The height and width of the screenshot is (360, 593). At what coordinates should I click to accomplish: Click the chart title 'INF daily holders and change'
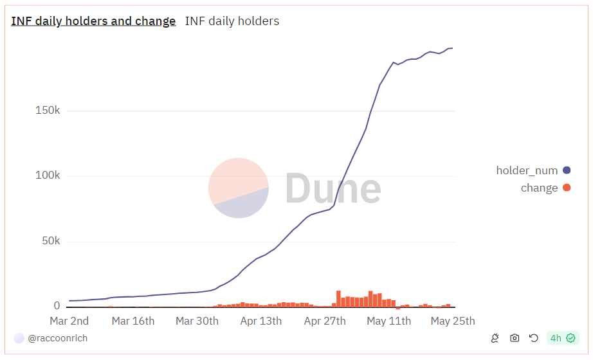[x=93, y=21]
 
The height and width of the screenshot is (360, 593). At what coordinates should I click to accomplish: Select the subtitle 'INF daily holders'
[x=232, y=21]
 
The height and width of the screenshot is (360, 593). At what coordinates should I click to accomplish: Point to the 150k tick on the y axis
[x=48, y=111]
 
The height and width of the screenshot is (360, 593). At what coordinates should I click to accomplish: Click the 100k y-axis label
[x=48, y=176]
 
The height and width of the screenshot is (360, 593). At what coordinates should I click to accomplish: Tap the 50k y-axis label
[x=50, y=242]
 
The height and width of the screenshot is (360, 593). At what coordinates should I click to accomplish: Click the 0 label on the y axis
[x=57, y=306]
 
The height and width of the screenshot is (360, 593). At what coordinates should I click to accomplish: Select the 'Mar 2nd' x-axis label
[x=69, y=321]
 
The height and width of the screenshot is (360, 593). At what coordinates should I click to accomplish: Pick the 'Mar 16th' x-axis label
[x=133, y=321]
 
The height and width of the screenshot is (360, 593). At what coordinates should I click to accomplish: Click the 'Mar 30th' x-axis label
[x=197, y=321]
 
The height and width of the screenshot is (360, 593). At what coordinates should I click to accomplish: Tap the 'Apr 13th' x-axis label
[x=260, y=321]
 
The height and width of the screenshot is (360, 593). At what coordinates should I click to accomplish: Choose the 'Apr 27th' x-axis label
[x=325, y=321]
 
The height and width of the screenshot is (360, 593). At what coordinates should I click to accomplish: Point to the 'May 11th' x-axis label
[x=388, y=321]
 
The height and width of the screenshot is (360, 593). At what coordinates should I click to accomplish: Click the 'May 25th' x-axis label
[x=453, y=321]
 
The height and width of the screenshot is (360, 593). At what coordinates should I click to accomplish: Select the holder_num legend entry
[x=527, y=170]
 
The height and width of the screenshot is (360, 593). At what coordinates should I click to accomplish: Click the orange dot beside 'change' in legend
[x=567, y=188]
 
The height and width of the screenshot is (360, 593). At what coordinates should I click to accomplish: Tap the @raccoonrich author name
[x=58, y=338]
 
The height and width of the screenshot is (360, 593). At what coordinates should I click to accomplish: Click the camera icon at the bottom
[x=515, y=338]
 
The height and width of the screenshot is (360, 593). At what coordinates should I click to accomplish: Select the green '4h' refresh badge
[x=562, y=338]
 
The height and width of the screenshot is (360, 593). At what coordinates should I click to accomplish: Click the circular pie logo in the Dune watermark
[x=239, y=188]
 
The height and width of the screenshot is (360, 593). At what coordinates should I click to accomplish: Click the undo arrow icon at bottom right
[x=533, y=338]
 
